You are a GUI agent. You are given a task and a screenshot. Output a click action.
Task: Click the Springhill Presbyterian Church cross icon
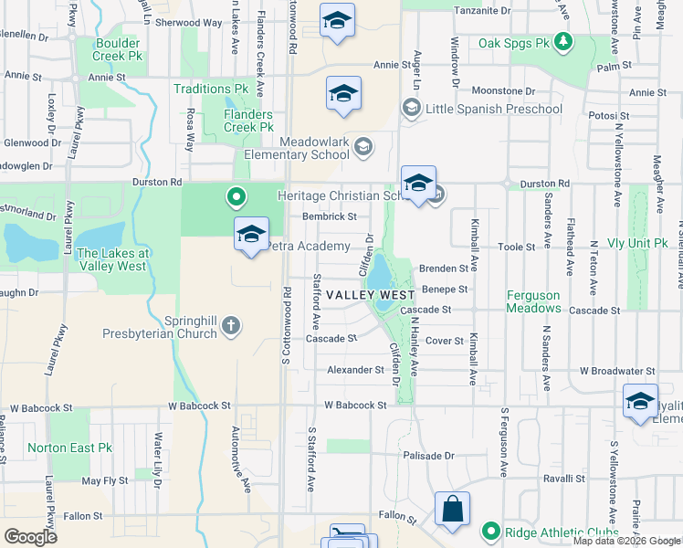click(233, 324)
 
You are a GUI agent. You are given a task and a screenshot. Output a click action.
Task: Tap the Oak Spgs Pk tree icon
click(565, 42)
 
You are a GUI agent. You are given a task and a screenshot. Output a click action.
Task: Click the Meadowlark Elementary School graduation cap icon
click(363, 147)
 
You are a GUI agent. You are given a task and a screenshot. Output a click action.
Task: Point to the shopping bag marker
click(453, 510)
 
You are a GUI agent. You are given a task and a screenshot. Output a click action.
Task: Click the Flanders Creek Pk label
click(248, 121)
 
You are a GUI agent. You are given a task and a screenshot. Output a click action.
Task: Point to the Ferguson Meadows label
click(545, 301)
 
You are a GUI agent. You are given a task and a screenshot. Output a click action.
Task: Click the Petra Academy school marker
click(251, 235)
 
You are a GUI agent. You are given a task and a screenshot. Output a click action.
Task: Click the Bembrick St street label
click(330, 216)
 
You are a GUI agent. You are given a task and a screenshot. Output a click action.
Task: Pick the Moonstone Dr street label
click(503, 91)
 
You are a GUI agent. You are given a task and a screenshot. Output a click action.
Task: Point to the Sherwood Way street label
click(189, 22)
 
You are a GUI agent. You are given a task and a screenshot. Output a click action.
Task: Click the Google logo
click(30, 536)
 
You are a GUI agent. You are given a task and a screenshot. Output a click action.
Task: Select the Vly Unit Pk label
click(637, 244)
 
